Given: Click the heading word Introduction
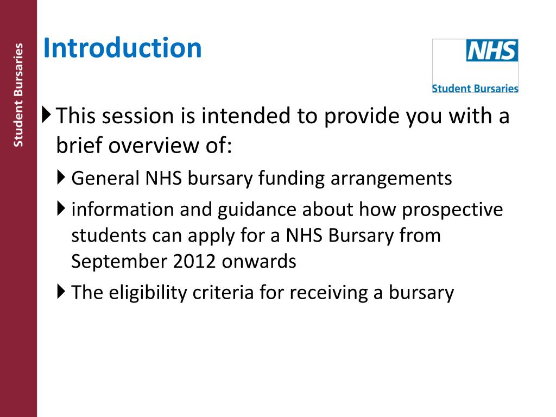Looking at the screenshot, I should pos(122,48).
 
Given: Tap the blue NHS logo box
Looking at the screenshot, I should pos(492,51).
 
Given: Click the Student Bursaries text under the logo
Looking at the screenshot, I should pos(475,88).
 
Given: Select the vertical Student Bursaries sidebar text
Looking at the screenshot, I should pos(18,95).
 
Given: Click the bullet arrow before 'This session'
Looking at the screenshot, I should pos(46,115).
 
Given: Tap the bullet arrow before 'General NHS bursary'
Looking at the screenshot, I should pos(61,177).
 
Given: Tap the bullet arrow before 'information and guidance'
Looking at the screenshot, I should pos(61,208).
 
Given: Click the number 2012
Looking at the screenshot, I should pos(195,262).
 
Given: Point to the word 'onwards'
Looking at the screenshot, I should pos(259,262).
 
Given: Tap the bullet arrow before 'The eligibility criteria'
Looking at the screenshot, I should pos(61,292).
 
